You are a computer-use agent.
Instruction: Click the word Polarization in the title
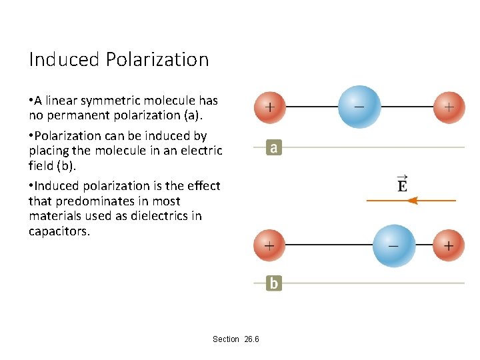pos(157,60)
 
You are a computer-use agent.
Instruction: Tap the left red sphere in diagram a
pos(269,107)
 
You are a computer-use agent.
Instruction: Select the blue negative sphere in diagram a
pos(359,106)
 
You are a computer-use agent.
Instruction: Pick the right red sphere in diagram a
pos(449,107)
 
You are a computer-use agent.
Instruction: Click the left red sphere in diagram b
pos(269,245)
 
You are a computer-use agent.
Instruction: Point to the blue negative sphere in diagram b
pos(393,245)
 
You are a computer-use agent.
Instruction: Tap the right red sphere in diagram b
pos(449,245)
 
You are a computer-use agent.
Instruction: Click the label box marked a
pos(273,147)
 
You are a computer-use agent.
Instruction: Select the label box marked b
pos(273,283)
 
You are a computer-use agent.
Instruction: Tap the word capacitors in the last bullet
pos(59,231)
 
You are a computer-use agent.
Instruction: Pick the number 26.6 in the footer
pos(252,339)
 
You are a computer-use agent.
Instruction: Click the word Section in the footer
pos(226,339)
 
